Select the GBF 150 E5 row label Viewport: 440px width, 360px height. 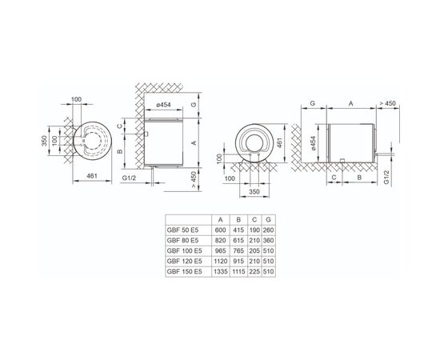coord(184,272)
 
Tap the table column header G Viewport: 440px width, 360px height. coord(269,220)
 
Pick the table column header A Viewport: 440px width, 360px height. coord(221,220)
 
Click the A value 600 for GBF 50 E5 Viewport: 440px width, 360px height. coord(220,230)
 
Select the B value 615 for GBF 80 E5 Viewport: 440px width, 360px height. coord(238,241)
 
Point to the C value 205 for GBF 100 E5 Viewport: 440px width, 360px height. coord(254,251)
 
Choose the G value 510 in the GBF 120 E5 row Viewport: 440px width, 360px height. coord(269,262)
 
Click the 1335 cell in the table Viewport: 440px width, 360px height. coord(221,272)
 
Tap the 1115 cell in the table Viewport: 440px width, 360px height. coord(238,272)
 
